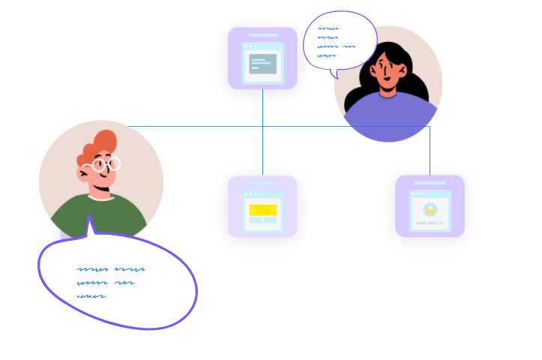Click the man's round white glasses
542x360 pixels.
pyautogui.click(x=107, y=164)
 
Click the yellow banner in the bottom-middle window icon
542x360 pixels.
pyautogui.click(x=262, y=210)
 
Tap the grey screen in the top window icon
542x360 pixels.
pyautogui.click(x=262, y=64)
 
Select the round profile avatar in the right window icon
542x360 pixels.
pyautogui.click(x=430, y=209)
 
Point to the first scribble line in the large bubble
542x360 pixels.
pyautogui.click(x=110, y=268)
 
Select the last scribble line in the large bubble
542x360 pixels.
pyautogui.click(x=91, y=296)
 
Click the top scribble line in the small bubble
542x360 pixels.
pyautogui.click(x=328, y=29)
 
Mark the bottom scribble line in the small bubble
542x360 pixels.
pyautogui.click(x=326, y=55)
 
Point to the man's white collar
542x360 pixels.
pyautogui.click(x=100, y=198)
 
